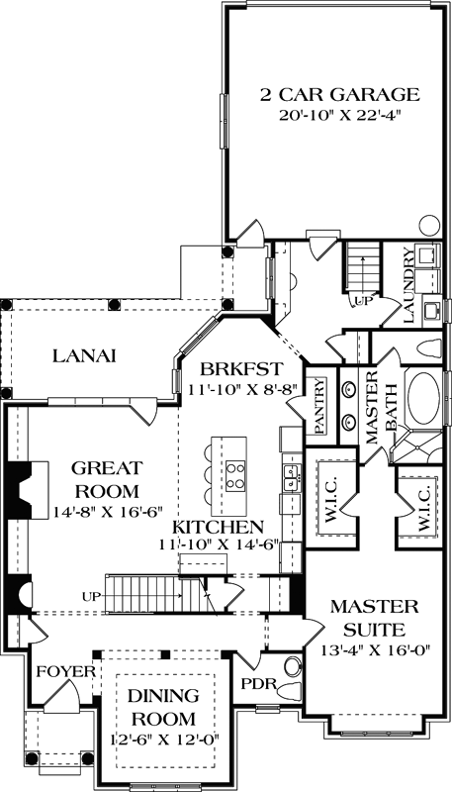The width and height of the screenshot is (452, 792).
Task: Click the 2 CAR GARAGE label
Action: click(340, 95)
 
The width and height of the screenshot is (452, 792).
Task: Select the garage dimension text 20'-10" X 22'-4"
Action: click(340, 116)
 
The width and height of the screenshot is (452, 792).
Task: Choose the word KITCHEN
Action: click(219, 527)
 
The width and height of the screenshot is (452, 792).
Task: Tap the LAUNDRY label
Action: click(407, 286)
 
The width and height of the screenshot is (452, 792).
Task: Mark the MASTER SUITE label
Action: click(373, 615)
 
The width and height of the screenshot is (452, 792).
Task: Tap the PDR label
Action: click(255, 683)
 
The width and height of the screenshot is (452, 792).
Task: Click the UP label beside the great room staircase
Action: click(92, 597)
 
